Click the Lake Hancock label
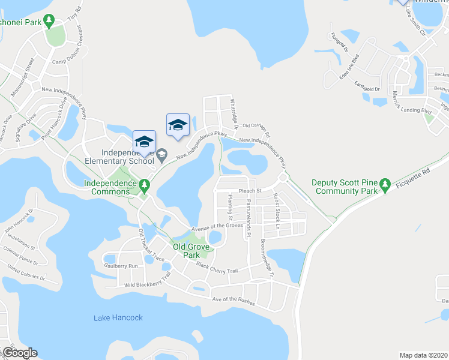(x=118, y=317)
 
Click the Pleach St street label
(x=250, y=191)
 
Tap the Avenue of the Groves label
(x=217, y=226)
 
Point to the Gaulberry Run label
(x=121, y=265)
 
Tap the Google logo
(x=20, y=353)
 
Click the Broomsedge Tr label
(x=267, y=259)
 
